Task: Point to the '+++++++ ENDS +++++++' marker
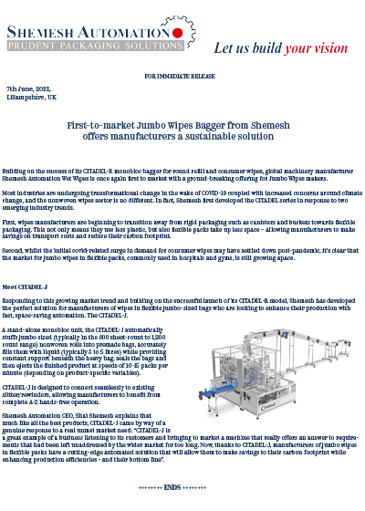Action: [x=182, y=488]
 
